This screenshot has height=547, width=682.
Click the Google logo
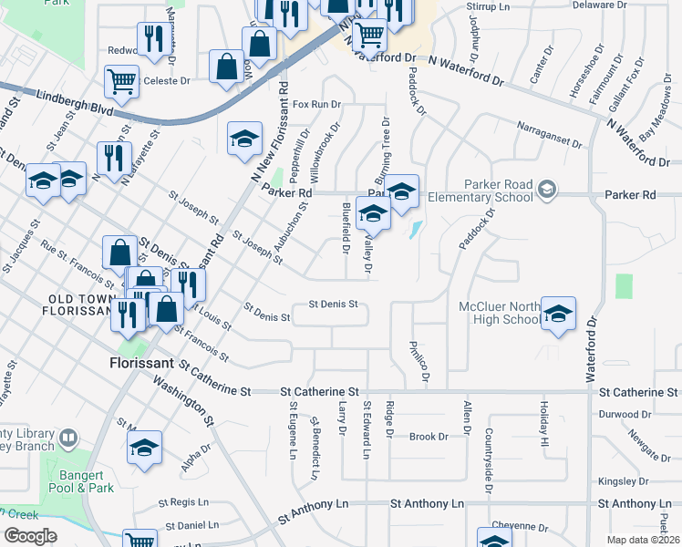pyautogui.click(x=29, y=536)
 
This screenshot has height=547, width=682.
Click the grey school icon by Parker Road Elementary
pyautogui.click(x=546, y=189)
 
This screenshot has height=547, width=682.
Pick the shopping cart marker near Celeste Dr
pyautogui.click(x=121, y=82)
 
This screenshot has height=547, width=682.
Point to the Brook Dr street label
pyautogui.click(x=429, y=437)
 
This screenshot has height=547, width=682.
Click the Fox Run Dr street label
pyautogui.click(x=309, y=105)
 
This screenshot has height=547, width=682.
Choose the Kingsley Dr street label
pyautogui.click(x=622, y=481)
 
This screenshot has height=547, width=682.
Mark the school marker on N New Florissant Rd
pyautogui.click(x=243, y=139)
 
